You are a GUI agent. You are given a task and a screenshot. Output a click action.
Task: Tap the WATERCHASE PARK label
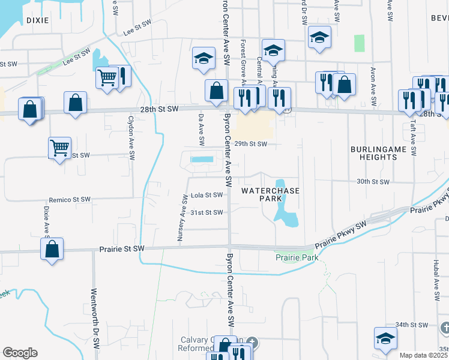coord(270,194)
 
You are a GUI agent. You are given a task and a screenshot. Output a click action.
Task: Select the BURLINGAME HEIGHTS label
coord(374,152)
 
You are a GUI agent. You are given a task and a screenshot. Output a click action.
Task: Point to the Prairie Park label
coord(296,257)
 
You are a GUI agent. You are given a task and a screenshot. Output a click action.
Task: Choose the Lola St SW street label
coord(206,195)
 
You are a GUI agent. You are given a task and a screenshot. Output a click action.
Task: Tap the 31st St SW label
coord(206,212)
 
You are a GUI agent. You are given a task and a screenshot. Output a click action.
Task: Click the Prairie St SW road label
coord(121,248)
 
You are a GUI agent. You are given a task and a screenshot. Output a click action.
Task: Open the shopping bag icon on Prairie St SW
coord(52,249)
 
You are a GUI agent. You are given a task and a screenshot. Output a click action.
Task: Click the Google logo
coord(20,352)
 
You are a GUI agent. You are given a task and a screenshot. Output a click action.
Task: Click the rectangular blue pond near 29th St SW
coord(201,160)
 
